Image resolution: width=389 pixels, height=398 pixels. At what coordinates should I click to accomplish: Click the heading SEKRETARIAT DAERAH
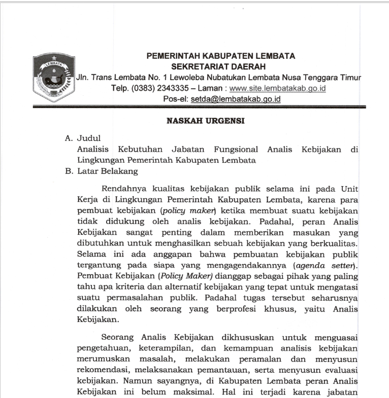221,66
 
